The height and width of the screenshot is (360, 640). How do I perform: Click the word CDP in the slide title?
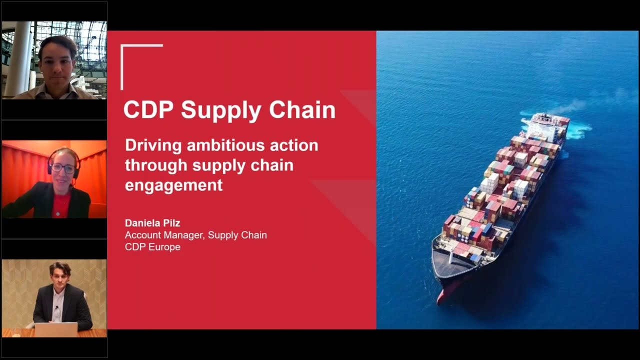[148, 110]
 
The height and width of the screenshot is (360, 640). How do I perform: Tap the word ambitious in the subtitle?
[227, 145]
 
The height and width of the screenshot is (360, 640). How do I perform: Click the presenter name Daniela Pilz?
[152, 223]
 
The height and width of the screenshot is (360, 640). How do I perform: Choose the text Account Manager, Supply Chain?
[195, 235]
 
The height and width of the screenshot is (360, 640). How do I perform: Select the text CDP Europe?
[152, 247]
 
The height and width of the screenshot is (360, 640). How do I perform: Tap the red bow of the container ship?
[443, 295]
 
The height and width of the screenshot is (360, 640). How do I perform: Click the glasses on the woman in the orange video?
[63, 168]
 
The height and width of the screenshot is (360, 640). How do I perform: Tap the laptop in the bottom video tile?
[56, 329]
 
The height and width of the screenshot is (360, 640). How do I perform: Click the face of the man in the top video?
[57, 62]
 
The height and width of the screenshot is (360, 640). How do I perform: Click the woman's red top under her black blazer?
[60, 205]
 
